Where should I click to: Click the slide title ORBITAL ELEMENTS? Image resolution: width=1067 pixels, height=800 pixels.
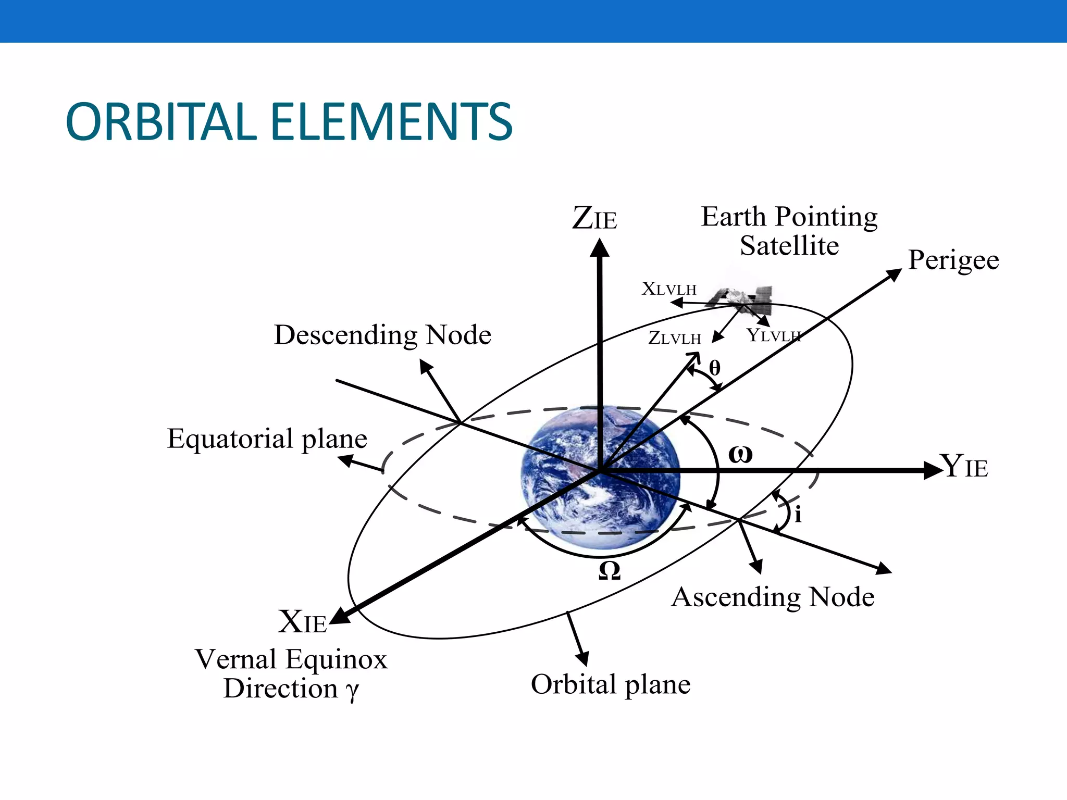click(289, 122)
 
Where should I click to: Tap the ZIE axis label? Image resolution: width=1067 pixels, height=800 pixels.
click(594, 218)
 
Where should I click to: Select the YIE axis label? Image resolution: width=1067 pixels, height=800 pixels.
click(964, 466)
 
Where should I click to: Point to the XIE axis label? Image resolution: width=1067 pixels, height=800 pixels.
click(302, 622)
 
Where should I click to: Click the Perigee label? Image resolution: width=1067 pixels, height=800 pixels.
click(953, 260)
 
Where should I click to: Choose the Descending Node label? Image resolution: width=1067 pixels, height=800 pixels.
click(382, 335)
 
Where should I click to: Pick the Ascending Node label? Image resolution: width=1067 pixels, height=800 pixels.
click(773, 597)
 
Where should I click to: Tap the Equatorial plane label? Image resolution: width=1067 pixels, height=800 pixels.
click(267, 439)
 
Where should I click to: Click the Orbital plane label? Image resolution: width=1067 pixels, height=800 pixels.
click(611, 684)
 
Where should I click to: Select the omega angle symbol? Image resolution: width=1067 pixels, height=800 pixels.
click(740, 455)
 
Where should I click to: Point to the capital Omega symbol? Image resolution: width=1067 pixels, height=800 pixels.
click(610, 571)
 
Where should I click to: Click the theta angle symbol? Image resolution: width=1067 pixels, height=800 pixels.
click(715, 368)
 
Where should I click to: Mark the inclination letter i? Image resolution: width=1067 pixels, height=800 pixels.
click(798, 515)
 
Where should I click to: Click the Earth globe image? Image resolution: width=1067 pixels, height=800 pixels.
click(600, 477)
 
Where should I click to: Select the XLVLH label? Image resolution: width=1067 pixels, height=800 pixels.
click(669, 289)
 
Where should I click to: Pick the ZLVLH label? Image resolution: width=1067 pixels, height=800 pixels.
click(675, 339)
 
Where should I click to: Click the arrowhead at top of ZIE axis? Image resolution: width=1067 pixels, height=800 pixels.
click(600, 248)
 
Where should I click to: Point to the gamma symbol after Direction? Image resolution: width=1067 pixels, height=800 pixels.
click(352, 691)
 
